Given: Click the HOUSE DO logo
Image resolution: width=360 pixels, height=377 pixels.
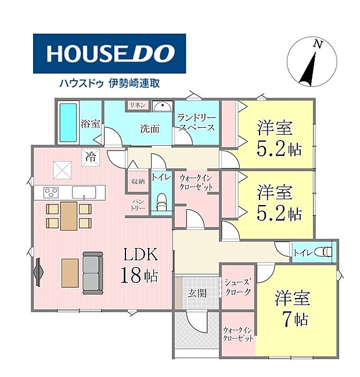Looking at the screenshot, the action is click(x=109, y=53).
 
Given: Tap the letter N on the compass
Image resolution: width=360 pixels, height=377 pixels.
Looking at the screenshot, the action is click(x=318, y=44).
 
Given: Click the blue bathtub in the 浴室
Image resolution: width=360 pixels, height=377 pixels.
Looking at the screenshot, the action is click(x=68, y=123).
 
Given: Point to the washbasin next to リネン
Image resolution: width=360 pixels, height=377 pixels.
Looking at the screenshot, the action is click(x=163, y=106).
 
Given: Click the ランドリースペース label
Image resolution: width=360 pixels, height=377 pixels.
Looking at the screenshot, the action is click(x=196, y=123).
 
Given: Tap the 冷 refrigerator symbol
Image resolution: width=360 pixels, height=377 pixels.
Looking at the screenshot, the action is click(x=91, y=157).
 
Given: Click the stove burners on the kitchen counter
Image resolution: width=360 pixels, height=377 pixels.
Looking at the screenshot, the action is click(x=51, y=192).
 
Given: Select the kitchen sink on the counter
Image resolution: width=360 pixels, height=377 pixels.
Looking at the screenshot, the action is click(x=84, y=192).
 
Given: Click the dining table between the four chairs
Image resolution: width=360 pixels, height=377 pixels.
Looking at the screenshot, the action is click(x=69, y=216).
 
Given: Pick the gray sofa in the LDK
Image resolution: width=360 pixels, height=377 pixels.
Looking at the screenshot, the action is click(x=93, y=273).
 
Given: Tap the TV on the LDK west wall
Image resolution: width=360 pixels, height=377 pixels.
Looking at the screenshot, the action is click(x=39, y=272).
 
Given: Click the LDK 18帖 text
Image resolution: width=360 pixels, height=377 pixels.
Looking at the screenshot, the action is click(x=140, y=265).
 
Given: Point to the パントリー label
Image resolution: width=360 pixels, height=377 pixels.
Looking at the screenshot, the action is click(x=138, y=204).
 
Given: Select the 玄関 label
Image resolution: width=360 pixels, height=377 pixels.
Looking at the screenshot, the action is click(x=197, y=293).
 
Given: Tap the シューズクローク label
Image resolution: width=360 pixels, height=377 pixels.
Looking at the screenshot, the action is click(x=237, y=287).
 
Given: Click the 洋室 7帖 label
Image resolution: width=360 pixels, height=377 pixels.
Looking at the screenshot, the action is click(x=293, y=309).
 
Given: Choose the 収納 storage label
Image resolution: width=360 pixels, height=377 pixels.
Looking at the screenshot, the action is click(x=138, y=181).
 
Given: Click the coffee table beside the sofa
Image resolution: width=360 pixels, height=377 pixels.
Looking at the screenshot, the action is click(x=70, y=273).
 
